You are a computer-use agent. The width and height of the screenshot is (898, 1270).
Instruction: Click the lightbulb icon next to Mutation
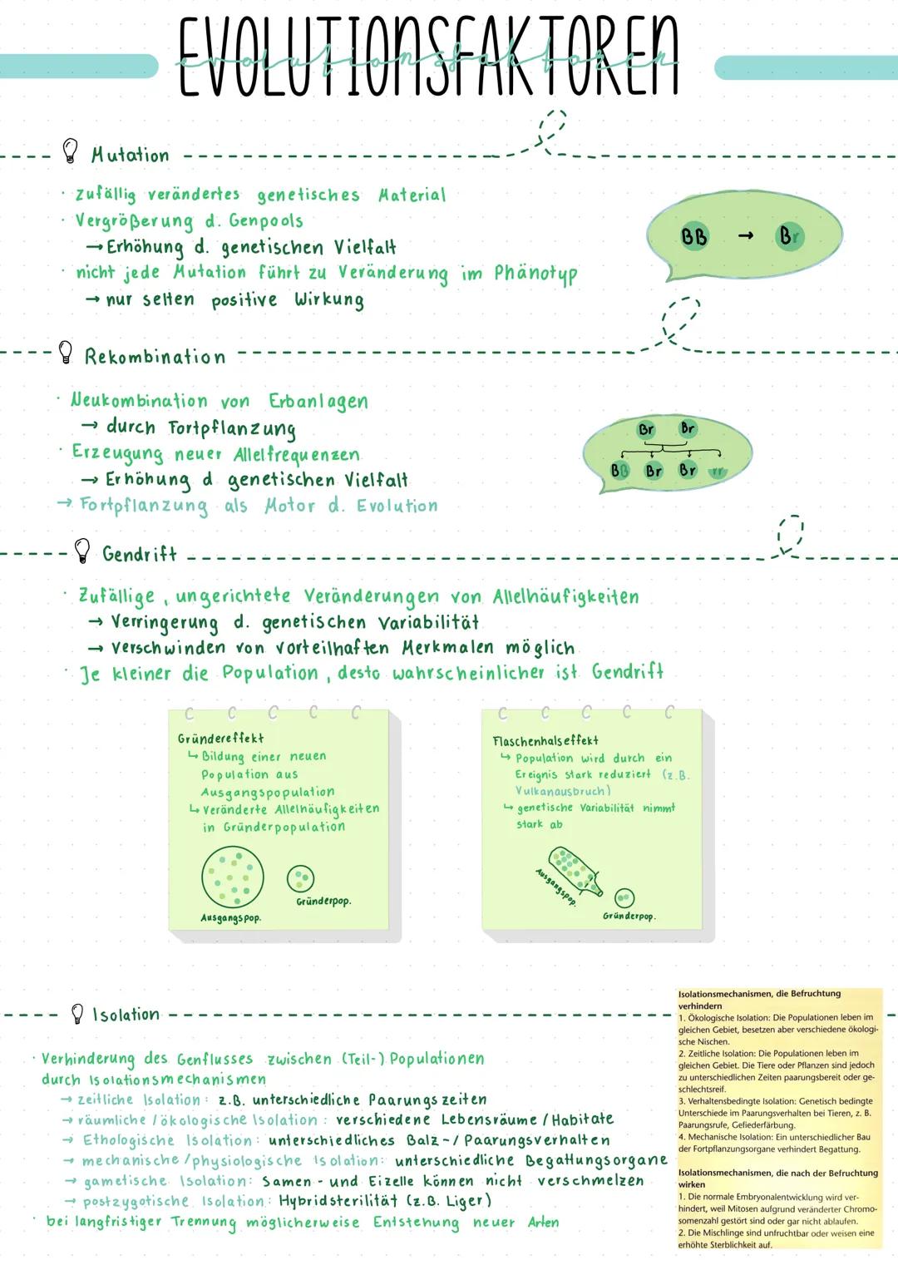71,151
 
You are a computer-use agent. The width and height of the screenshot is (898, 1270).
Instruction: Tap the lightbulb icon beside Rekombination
66,353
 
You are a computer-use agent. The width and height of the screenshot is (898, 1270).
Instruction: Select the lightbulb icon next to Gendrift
81,550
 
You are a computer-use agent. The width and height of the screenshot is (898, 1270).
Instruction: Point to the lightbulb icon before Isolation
77,1013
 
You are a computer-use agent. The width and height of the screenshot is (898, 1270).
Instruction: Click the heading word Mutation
130,155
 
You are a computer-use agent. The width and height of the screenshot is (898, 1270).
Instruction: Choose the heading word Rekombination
155,357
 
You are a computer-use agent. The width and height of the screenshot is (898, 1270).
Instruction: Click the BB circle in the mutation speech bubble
694,236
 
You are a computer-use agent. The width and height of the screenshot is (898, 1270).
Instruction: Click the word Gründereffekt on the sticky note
220,738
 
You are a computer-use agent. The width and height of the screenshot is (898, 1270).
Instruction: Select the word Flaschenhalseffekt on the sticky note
545,740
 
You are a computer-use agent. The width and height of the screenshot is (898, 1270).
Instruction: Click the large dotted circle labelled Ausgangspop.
233,877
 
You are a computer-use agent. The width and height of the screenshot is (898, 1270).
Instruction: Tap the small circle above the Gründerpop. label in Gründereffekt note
300,877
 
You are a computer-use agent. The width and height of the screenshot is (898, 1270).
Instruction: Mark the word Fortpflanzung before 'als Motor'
144,506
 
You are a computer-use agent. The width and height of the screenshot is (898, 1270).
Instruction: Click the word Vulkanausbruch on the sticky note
562,791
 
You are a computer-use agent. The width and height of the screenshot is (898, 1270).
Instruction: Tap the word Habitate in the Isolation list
582,1119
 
